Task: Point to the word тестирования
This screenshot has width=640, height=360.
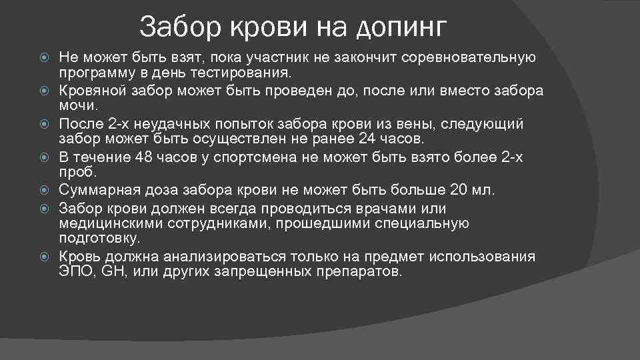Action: pos(241,72)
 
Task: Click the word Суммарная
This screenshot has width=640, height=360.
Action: pos(94,191)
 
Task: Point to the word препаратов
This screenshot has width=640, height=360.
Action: pos(359,272)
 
